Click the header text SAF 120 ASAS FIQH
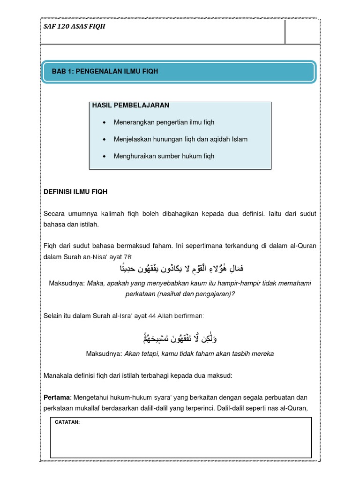75,27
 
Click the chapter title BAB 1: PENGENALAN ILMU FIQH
105,71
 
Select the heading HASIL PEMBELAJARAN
131,105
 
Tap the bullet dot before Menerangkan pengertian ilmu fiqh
103,122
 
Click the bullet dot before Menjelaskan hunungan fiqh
103,139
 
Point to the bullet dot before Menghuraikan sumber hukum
103,156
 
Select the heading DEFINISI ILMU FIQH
75,192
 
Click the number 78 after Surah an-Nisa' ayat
128,256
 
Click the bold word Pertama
57,397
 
